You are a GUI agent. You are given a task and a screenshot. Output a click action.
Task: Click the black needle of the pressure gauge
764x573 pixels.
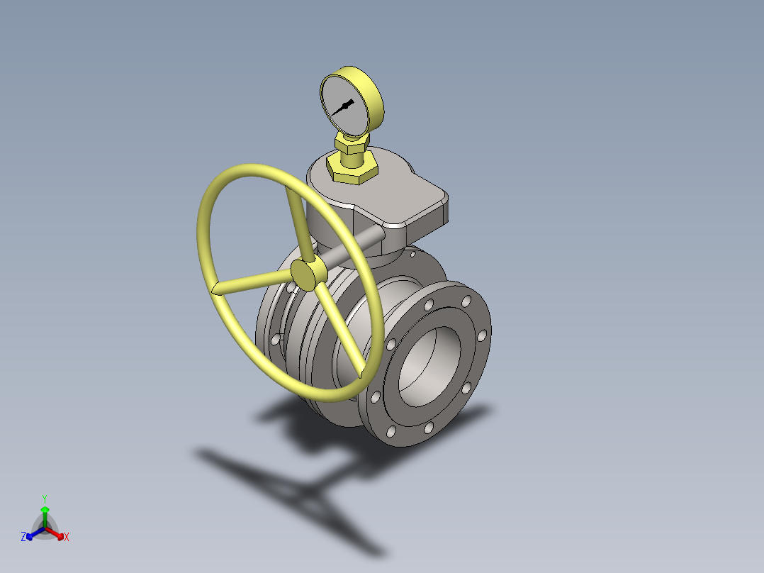tap(342, 108)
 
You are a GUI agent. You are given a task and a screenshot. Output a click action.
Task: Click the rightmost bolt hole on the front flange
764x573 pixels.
tap(482, 335)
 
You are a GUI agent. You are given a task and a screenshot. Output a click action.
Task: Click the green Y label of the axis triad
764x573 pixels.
tap(44, 499)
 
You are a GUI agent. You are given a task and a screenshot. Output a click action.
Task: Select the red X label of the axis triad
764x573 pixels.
tap(67, 537)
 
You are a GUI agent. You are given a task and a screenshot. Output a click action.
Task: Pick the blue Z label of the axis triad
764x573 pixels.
tap(23, 537)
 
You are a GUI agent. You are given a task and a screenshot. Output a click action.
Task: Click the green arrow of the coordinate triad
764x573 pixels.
tap(45, 514)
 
